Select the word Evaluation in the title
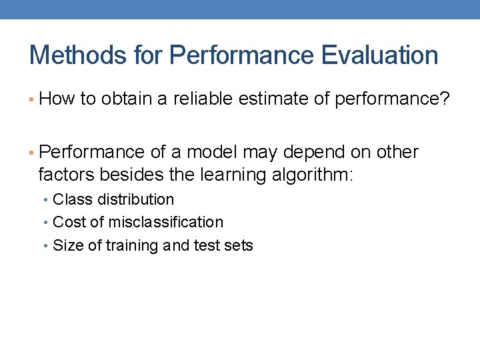[x=379, y=55]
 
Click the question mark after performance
[x=445, y=99]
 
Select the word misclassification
[x=166, y=222]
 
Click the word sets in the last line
[x=239, y=245]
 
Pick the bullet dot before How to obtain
[x=33, y=100]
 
